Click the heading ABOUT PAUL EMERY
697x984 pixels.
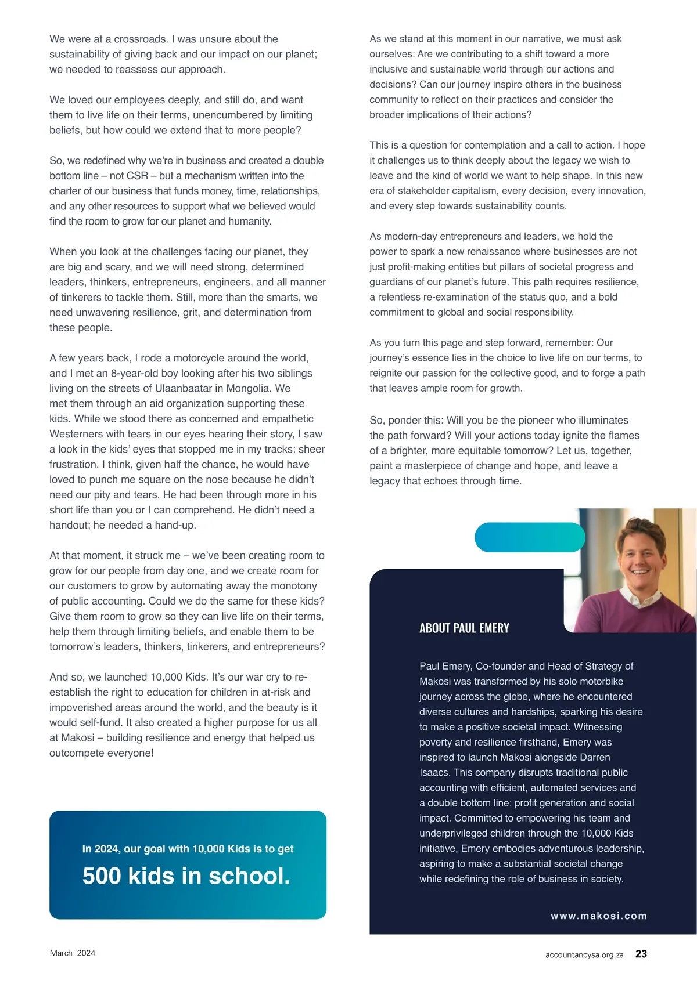tap(464, 628)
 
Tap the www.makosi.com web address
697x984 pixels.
tap(598, 916)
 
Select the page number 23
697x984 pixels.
tap(641, 954)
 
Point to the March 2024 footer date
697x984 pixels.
tap(73, 953)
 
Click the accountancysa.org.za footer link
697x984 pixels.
tap(584, 955)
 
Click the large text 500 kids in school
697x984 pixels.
tap(186, 876)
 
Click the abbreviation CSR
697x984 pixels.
tap(137, 176)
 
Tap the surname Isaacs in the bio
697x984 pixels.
tap(434, 772)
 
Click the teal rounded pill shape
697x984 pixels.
tap(530, 537)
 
